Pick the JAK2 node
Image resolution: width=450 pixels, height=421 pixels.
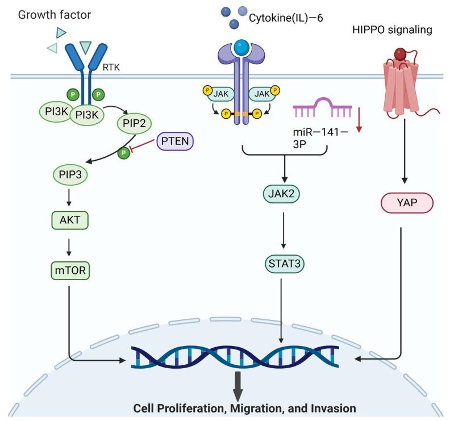282,195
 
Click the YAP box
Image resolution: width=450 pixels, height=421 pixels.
406,202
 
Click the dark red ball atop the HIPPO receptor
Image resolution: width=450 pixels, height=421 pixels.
401,54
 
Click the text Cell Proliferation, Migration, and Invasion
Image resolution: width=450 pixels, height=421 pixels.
244,409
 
